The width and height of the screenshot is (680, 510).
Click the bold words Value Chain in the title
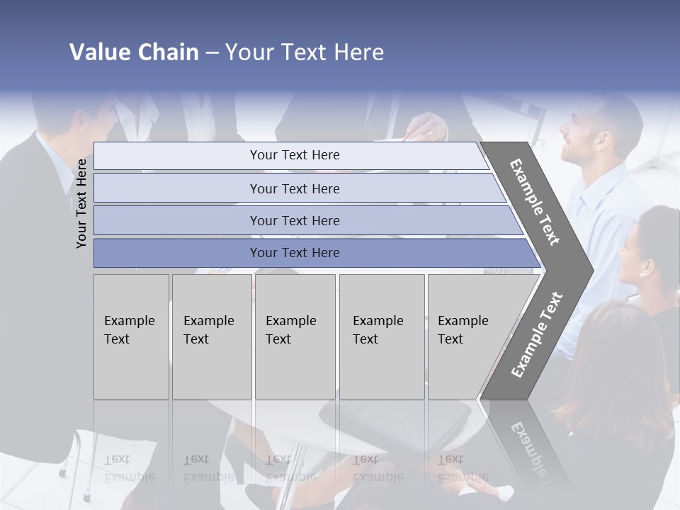tap(134, 52)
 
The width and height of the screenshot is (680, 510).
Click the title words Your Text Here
tap(305, 52)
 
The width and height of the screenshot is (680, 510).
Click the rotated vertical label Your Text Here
tap(81, 203)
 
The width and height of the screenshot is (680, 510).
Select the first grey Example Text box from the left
tap(131, 336)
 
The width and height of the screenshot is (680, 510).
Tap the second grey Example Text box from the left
tap(212, 336)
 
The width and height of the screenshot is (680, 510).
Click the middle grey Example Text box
tap(295, 336)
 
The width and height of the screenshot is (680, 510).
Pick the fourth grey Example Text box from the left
tap(382, 336)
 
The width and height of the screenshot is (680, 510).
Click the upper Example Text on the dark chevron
tap(535, 202)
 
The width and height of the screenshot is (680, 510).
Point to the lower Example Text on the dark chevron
tap(537, 335)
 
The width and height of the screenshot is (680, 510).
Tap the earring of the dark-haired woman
tap(644, 271)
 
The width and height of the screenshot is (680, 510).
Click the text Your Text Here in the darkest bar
tap(295, 253)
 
